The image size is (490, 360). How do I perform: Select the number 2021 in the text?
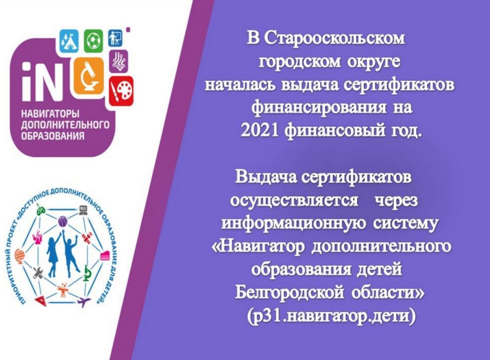tap(260, 132)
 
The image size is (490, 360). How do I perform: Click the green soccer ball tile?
tap(94, 41)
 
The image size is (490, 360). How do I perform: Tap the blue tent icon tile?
tap(69, 41)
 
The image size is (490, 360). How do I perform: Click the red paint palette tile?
tap(121, 91)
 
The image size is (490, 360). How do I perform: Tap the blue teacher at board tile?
tap(115, 38)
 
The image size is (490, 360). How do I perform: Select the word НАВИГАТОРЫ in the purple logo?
tap(50, 115)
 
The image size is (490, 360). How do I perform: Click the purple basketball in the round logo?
tap(64, 222)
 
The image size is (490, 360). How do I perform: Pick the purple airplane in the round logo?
tap(84, 301)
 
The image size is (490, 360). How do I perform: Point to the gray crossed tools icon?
tap(38, 273)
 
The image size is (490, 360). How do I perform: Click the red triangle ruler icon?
tap(41, 302)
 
